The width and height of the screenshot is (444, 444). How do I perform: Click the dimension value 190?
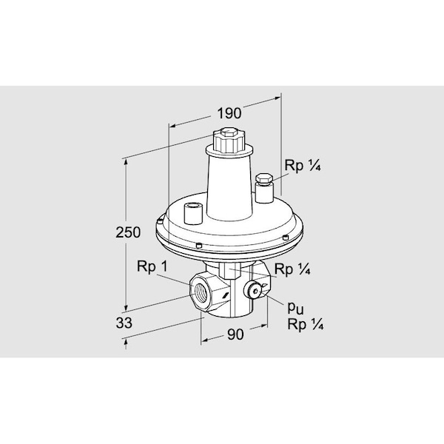coord(229,113)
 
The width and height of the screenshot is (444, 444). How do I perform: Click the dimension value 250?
coord(128,232)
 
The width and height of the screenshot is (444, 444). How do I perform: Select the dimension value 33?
coord(124,323)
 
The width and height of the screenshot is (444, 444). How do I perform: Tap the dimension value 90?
coord(235,334)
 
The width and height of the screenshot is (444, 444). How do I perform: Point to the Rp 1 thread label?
coord(152,266)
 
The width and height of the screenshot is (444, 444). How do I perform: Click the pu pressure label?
coord(295,308)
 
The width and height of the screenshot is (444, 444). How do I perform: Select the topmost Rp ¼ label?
coord(303,165)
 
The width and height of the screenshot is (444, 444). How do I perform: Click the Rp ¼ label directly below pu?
coord(305,324)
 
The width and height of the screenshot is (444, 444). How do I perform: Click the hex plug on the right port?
coord(264,179)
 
